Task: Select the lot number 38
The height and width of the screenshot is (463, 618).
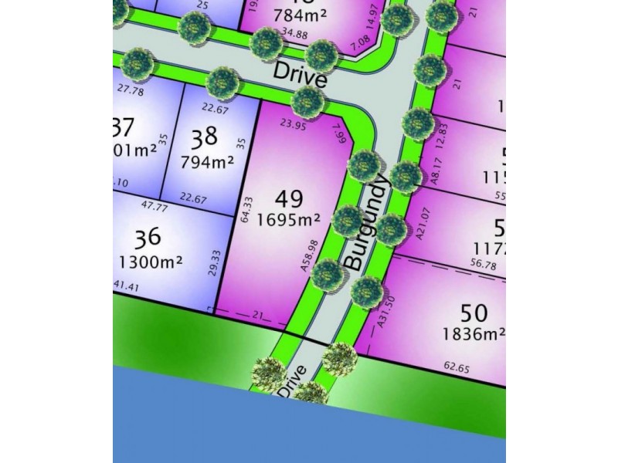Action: tap(204, 139)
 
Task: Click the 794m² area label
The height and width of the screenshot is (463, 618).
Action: tap(207, 163)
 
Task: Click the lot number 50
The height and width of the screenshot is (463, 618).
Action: tap(473, 313)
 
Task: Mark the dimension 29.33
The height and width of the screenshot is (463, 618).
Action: tap(213, 263)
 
